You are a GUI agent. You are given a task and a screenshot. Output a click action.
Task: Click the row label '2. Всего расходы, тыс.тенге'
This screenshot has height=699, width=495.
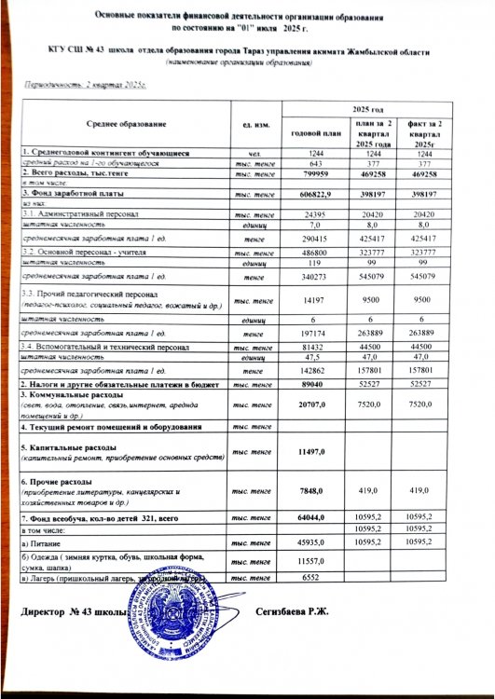click(76, 174)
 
